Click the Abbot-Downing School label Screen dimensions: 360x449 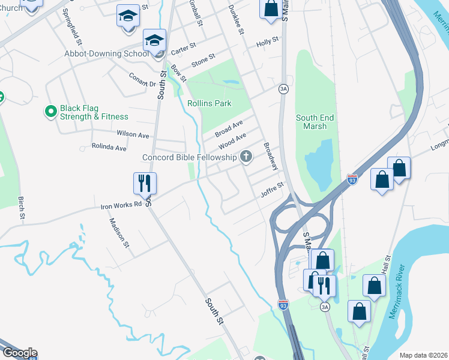[107, 53]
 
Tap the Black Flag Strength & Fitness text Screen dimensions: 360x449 [94, 113]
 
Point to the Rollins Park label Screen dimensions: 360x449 [209, 103]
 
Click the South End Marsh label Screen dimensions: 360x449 [315, 122]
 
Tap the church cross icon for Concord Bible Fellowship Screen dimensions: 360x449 [245, 157]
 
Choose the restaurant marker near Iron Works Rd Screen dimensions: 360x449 [145, 183]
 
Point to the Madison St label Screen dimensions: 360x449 [118, 232]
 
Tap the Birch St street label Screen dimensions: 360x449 [22, 207]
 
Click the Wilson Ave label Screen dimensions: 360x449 [133, 135]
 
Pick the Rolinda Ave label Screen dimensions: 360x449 [109, 147]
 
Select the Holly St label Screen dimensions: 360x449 [268, 41]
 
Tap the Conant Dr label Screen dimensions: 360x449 [143, 80]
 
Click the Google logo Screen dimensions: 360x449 [19, 353]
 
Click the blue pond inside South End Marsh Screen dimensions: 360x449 [318, 162]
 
